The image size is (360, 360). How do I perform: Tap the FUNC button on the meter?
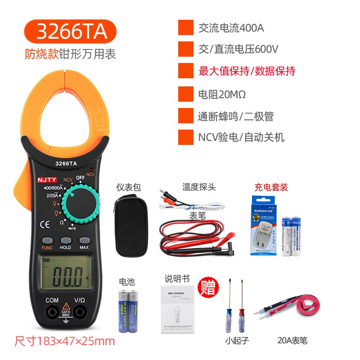click(47, 241)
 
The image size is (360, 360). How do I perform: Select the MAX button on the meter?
click(84, 241)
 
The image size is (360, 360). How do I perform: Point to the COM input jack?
click(52, 311)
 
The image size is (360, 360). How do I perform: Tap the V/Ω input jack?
click(80, 311)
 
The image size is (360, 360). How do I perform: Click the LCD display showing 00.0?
click(66, 273)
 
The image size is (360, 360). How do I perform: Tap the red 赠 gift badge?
click(208, 287)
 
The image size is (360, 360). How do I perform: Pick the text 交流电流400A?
click(231, 28)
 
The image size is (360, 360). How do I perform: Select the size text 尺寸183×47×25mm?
click(65, 341)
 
